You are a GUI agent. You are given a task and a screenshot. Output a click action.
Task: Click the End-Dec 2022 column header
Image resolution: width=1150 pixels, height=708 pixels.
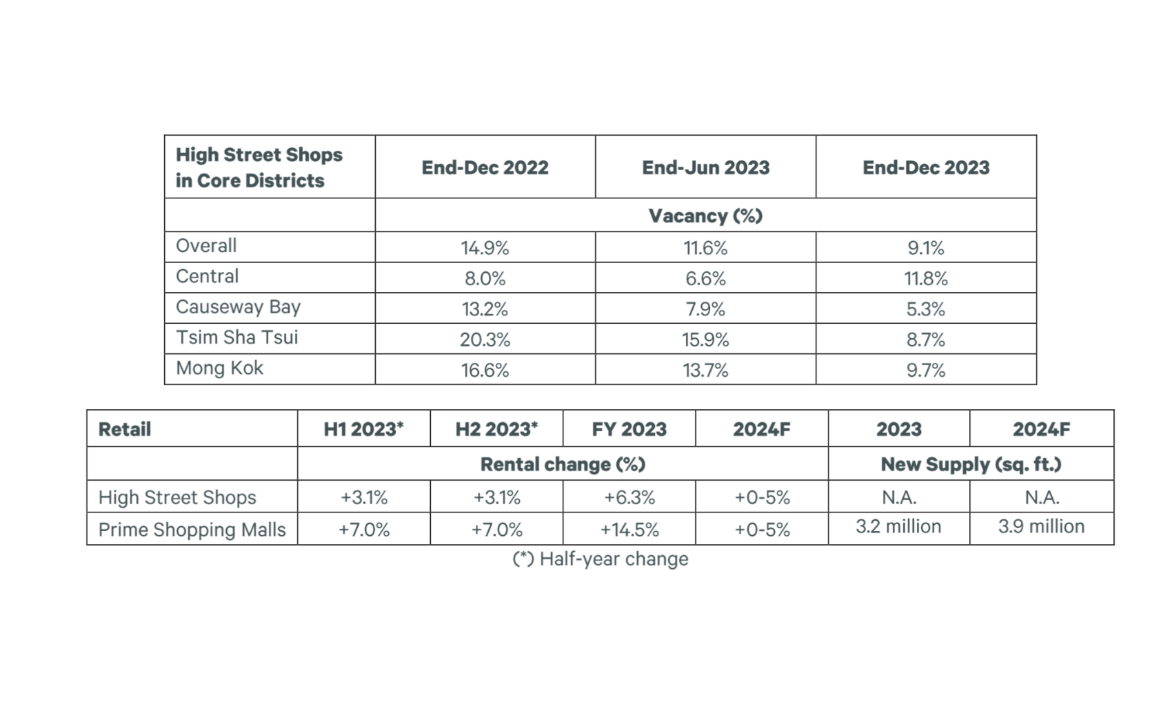[x=485, y=167]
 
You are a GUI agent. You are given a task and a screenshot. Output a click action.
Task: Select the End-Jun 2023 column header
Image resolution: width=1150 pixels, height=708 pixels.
[x=705, y=167]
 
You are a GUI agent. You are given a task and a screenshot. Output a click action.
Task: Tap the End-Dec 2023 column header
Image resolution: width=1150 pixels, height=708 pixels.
[x=926, y=167]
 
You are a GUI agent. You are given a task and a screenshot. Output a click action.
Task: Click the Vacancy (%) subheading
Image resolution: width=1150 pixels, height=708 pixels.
[x=705, y=216]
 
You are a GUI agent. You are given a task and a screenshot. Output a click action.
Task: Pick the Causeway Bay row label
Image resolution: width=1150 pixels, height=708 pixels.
[x=238, y=307]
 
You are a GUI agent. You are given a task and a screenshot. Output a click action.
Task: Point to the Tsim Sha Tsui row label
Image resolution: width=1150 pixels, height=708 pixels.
[x=236, y=337]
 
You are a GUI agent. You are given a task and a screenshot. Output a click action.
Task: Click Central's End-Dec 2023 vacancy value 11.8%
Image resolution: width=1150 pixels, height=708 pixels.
[x=927, y=279]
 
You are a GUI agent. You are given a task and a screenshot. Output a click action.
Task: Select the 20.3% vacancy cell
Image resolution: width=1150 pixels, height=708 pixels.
[x=485, y=340]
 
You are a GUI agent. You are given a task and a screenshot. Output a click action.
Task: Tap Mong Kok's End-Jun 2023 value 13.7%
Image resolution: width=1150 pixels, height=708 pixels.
[x=705, y=371]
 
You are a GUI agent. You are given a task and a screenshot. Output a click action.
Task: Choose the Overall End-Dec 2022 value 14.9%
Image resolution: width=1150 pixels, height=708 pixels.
[x=485, y=248]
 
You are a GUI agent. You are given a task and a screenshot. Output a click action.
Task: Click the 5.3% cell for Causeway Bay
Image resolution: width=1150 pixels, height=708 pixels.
[x=925, y=309]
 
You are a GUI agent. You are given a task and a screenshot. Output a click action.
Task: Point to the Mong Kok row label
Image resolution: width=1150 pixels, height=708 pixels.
[x=219, y=368]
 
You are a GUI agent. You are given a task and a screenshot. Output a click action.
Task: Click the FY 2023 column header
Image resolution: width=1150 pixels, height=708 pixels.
[x=629, y=429]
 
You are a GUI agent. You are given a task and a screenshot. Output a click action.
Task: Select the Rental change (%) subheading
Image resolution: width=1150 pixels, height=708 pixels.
[x=563, y=464]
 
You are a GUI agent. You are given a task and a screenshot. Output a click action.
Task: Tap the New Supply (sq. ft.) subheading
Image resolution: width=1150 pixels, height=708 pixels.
[x=971, y=464]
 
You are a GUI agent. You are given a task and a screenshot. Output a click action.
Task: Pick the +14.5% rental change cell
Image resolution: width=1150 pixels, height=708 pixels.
[x=629, y=530]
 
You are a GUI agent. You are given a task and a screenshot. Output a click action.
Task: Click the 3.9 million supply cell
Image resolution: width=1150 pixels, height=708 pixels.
[x=1041, y=527]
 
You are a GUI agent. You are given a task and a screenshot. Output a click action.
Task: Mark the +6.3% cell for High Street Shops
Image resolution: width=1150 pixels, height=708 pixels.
[x=629, y=497]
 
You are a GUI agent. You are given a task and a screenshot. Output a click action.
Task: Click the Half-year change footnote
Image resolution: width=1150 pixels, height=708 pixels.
[x=600, y=559]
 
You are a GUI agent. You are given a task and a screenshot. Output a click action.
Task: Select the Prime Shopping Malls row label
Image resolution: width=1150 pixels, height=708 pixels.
[x=192, y=530]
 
